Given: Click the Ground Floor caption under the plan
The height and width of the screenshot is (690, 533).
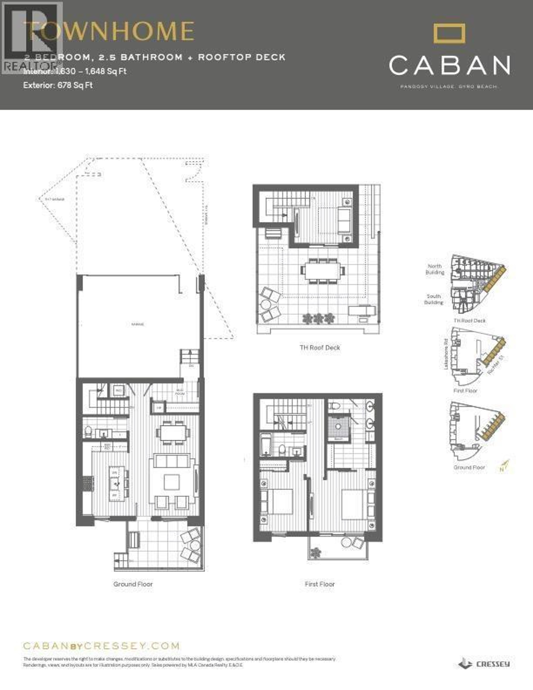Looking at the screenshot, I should pyautogui.click(x=133, y=584).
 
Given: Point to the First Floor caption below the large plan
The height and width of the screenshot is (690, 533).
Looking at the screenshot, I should pyautogui.click(x=320, y=584).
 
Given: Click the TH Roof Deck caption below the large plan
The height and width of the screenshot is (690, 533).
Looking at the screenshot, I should pyautogui.click(x=320, y=348).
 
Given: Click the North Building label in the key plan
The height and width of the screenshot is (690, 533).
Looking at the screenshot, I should pyautogui.click(x=435, y=269).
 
